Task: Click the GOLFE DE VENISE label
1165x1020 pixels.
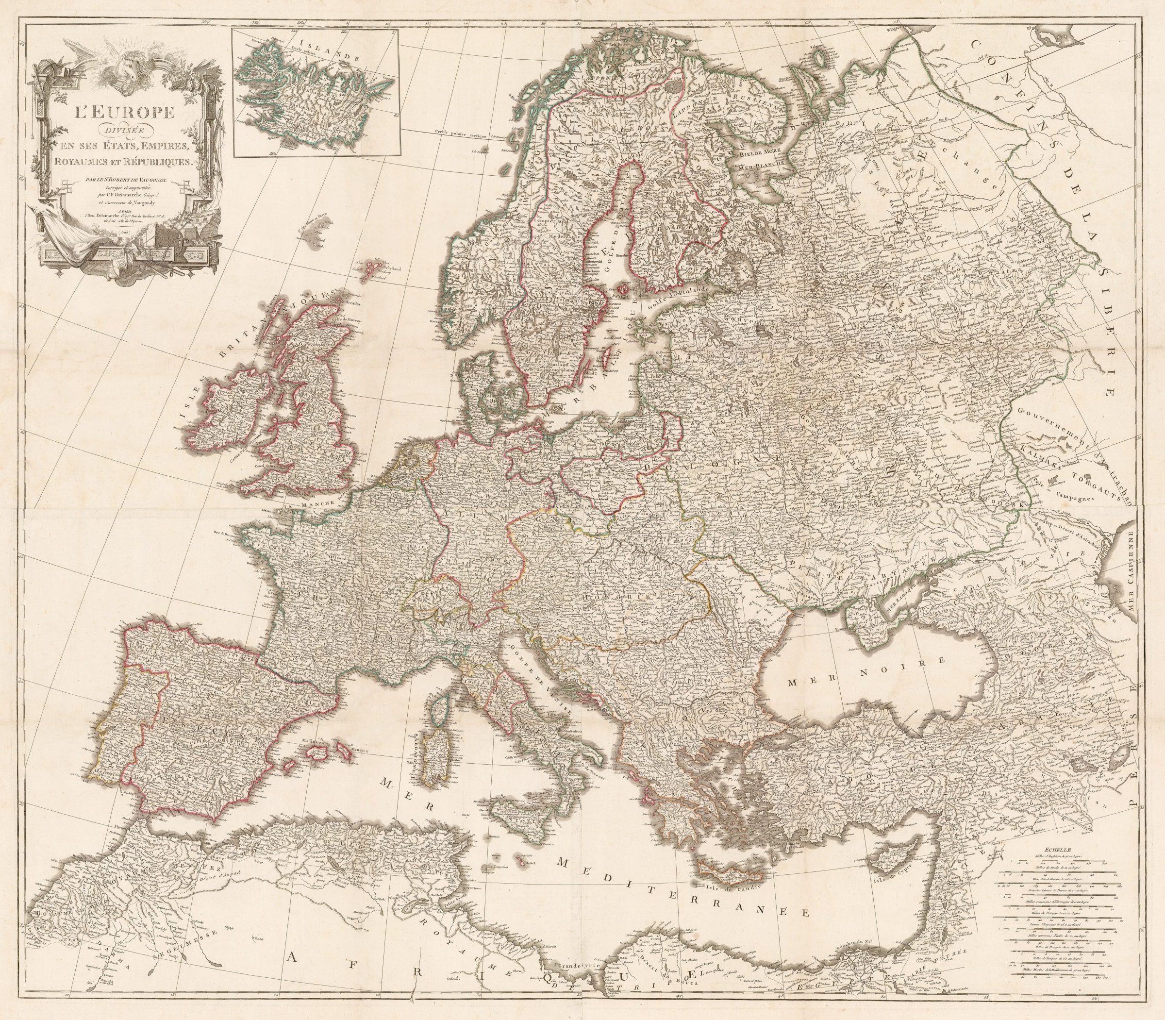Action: pos(535,683)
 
